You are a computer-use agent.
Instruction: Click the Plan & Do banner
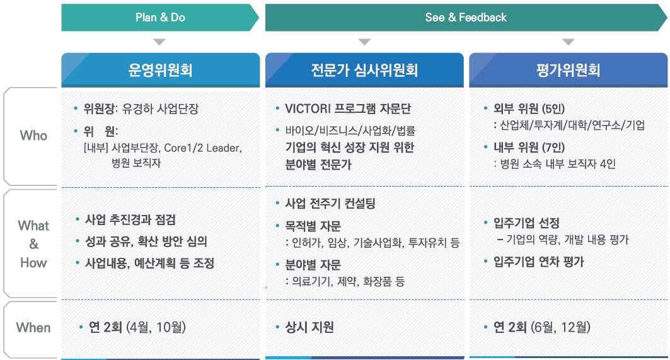point(160,18)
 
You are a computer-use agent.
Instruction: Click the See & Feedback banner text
point(466,18)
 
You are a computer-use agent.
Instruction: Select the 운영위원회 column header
point(160,70)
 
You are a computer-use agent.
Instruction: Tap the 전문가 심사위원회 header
point(364,70)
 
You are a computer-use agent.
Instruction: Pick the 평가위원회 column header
point(569,70)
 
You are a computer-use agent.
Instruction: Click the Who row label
point(33,136)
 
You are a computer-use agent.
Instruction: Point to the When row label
point(33,327)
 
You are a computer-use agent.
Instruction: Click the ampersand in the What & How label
point(34,244)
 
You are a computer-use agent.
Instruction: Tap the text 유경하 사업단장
point(160,108)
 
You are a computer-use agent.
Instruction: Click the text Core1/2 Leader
point(203,148)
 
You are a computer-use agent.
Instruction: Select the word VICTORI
point(308,108)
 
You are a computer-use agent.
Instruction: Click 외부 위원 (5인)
point(529,108)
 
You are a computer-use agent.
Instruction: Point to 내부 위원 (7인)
point(529,148)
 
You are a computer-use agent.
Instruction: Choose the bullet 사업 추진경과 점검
point(130,220)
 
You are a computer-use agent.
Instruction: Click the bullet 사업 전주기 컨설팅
point(330,204)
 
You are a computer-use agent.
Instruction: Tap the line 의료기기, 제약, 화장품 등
point(349,281)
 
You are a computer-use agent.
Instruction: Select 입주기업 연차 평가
point(538,262)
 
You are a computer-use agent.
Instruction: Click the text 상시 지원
point(309,327)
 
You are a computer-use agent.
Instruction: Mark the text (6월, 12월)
point(560,327)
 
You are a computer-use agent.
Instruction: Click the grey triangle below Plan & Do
point(159,42)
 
